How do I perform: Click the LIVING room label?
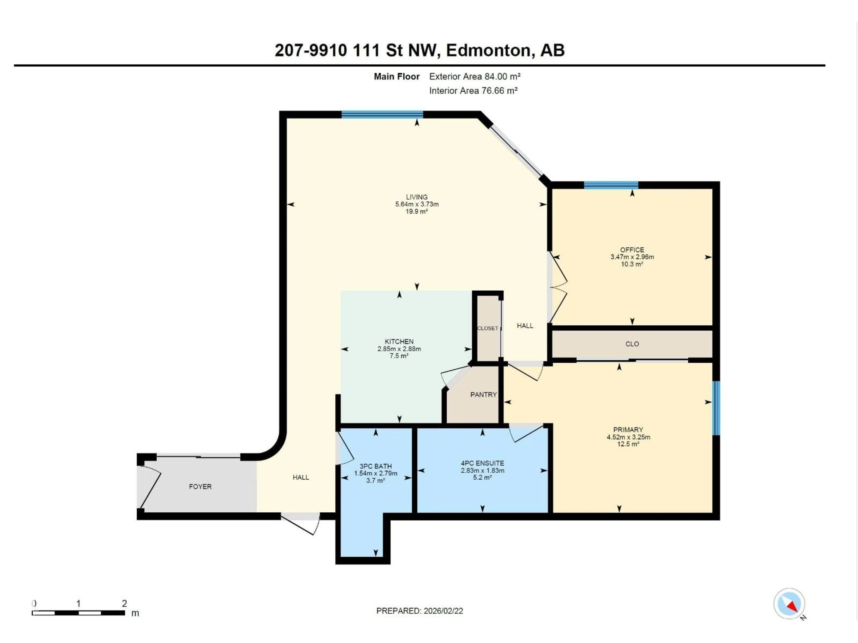pos(416,197)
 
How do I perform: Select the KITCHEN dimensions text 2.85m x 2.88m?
pos(399,349)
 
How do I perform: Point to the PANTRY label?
pos(483,395)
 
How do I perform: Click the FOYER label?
pos(200,486)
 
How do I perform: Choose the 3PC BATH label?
pos(375,466)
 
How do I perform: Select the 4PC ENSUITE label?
pos(482,463)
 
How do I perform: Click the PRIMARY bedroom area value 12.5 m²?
pos(628,444)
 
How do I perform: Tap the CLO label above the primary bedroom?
pos(632,344)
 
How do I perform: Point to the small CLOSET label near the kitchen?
pos(487,328)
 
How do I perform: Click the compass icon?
pos(789,603)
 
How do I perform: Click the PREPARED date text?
pos(419,611)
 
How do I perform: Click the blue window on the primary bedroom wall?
pos(716,408)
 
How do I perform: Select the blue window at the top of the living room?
pos(382,114)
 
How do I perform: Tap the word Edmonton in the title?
pos(488,50)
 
